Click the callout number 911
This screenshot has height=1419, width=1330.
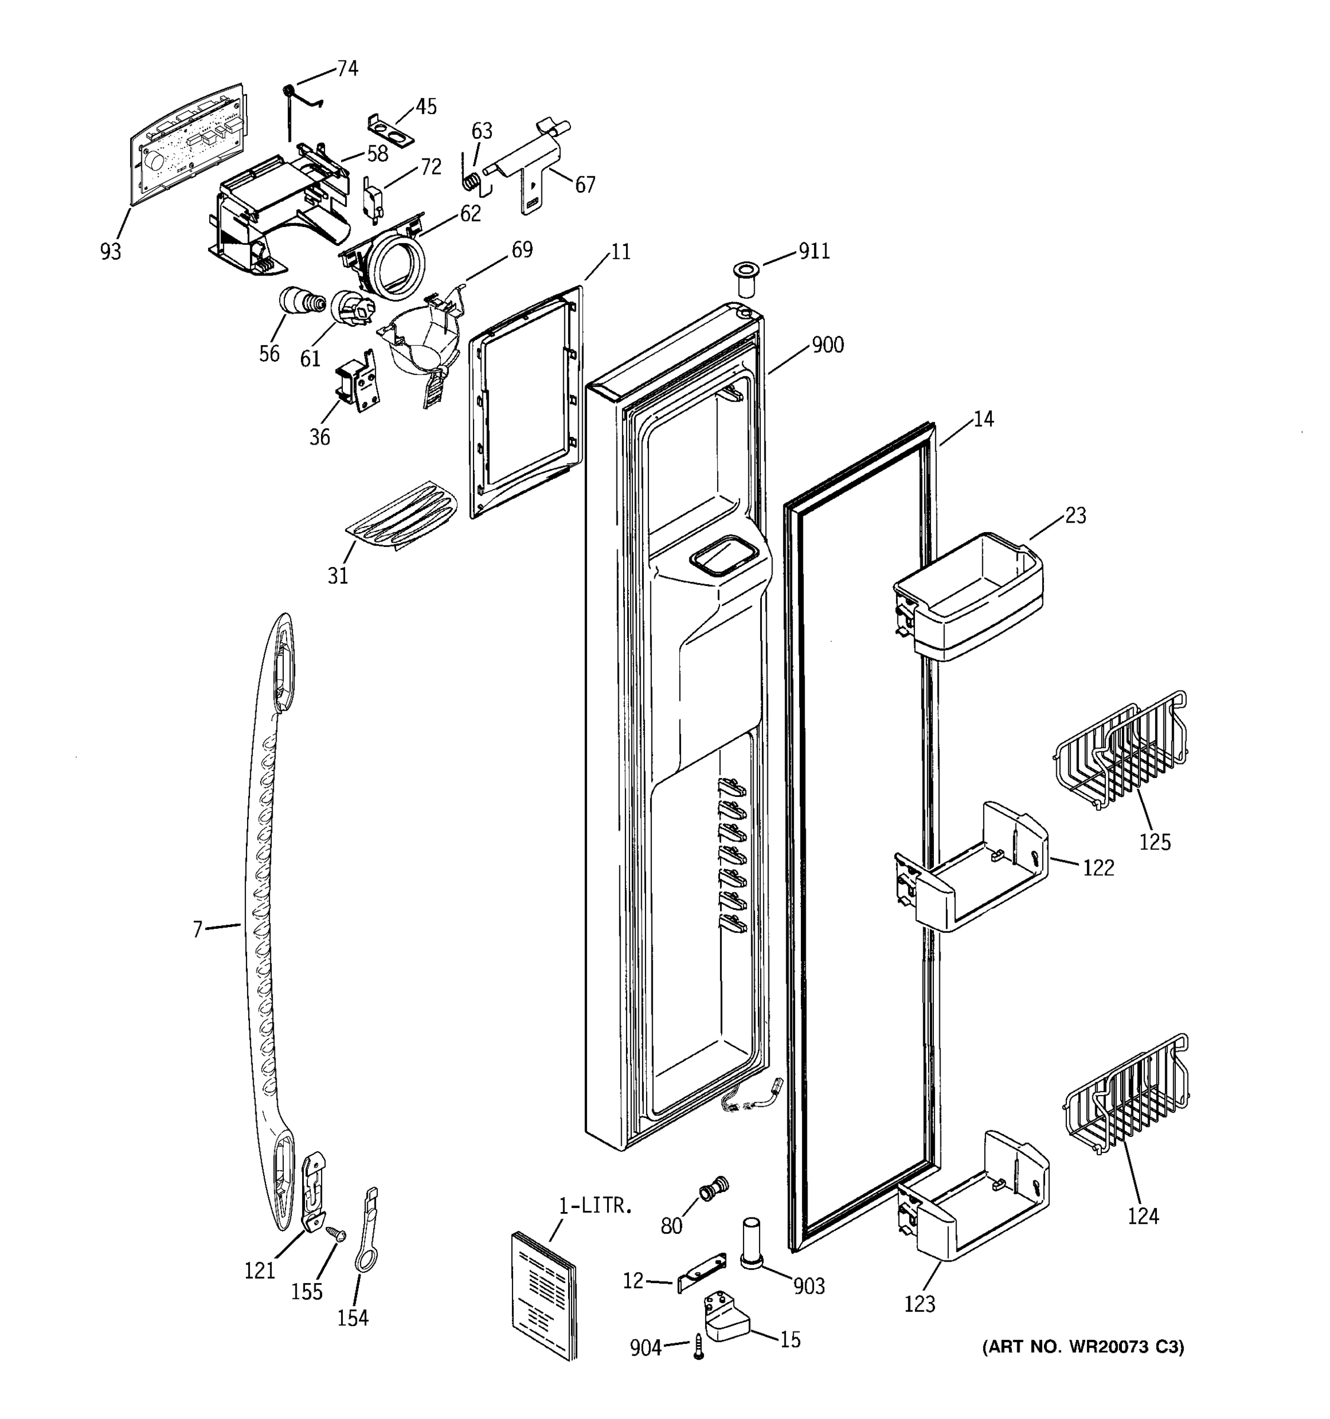point(814,251)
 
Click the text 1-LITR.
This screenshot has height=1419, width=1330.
point(596,1207)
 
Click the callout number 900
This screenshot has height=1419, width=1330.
point(827,345)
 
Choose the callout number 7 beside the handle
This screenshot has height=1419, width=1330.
point(197,929)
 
